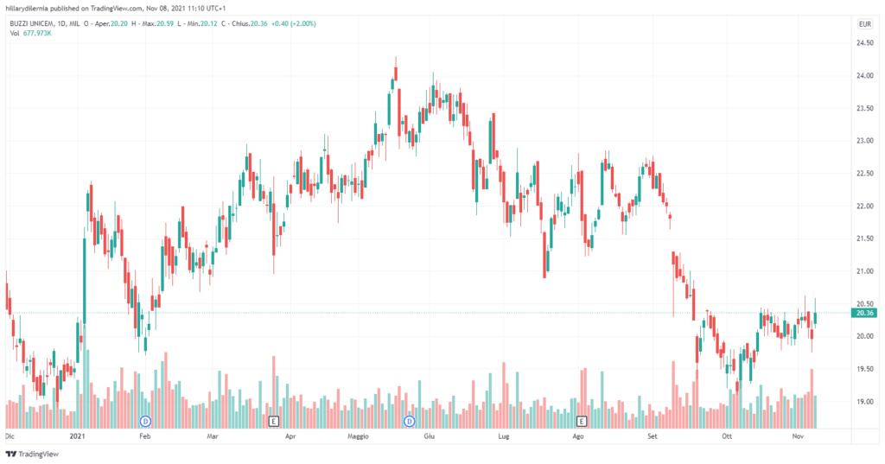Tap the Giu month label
pos(428,437)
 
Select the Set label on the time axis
pos(653,437)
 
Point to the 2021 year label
pos(79,437)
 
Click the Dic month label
pos(11,437)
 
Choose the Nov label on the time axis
pos(799,437)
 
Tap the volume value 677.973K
pos(39,33)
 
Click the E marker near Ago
pos(582,421)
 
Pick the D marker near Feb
pos(145,421)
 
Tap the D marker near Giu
pos(410,421)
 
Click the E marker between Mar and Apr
pos(274,421)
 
